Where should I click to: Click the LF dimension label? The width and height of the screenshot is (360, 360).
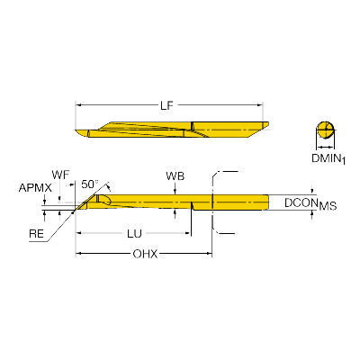tap(166, 105)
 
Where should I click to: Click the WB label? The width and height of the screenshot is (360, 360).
tap(175, 176)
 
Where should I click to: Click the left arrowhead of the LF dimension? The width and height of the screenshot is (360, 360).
tap(77, 105)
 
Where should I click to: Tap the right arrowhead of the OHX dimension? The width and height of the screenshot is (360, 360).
tap(210, 254)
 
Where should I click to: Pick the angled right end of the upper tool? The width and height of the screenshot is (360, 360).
tap(264, 127)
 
